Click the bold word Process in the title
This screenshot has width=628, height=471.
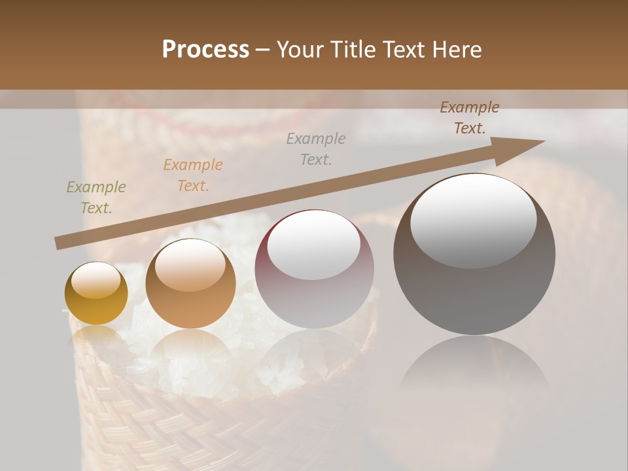(205, 50)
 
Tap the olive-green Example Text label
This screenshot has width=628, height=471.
(96, 198)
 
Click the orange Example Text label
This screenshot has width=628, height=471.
(193, 175)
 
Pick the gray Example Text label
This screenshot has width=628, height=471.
(316, 148)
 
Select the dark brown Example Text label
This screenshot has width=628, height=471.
(469, 118)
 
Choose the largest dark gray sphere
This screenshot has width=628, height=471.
(474, 288)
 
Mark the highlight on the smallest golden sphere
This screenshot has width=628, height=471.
(96, 280)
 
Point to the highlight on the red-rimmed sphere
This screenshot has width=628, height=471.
(314, 245)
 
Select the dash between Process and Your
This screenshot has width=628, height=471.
(263, 50)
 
